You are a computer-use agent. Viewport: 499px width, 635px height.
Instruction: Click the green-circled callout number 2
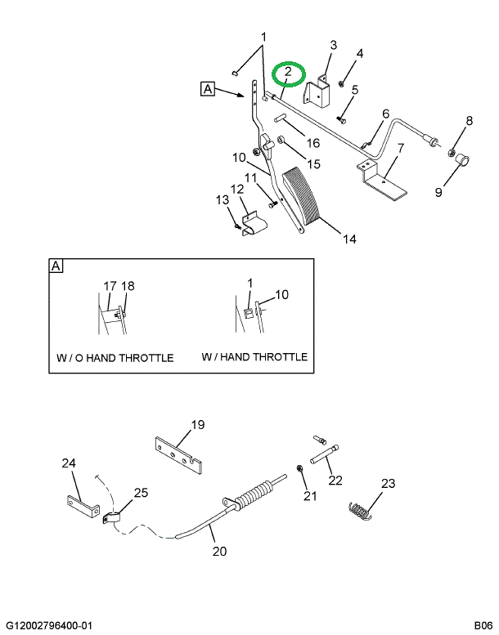click(288, 74)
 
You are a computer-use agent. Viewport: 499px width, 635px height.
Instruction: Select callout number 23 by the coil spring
click(388, 484)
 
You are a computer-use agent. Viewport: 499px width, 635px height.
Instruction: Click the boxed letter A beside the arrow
click(207, 89)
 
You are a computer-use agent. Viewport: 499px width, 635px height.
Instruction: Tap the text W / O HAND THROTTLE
click(115, 358)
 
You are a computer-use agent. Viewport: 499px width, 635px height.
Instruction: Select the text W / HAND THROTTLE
click(254, 357)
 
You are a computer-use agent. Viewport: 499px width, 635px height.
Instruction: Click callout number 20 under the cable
click(218, 552)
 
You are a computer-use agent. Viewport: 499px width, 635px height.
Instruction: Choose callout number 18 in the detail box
click(128, 286)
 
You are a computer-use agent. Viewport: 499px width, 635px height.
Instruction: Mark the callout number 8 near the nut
click(469, 122)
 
